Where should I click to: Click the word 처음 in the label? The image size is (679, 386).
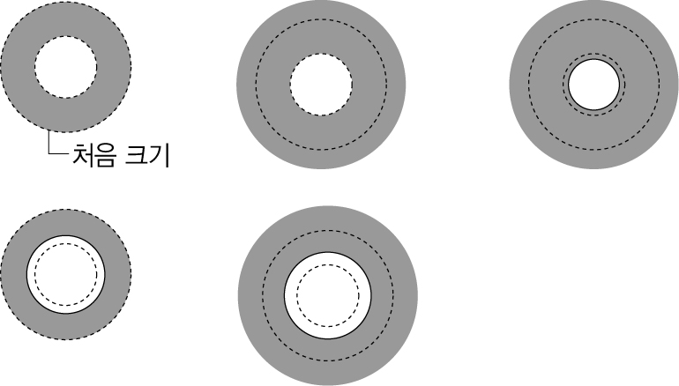coord(93,155)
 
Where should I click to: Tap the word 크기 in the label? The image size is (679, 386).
coord(146,155)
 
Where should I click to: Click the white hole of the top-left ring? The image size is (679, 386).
coord(66,67)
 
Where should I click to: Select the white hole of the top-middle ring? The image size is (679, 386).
coord(321,85)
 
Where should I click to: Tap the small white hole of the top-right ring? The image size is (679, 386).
coord(593,85)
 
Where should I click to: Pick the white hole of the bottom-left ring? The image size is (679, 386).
coord(66,274)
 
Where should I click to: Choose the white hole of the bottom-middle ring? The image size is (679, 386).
coord(328,295)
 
